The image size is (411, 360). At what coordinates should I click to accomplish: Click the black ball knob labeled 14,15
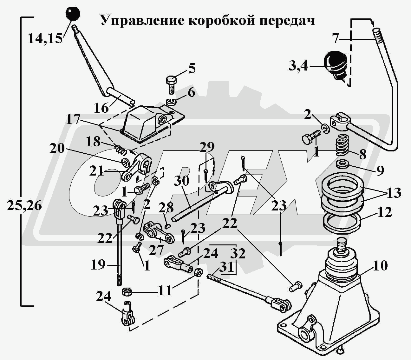[73, 14]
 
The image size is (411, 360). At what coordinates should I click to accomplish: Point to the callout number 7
[336, 38]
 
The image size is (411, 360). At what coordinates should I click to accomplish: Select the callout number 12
[385, 212]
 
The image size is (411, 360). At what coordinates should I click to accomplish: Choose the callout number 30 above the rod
[181, 181]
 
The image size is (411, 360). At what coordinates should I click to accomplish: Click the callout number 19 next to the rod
[98, 264]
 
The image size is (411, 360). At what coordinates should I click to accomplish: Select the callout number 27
[156, 250]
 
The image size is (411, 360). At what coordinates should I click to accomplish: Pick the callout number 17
[74, 120]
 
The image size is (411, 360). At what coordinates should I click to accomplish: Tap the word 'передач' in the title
[287, 20]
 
